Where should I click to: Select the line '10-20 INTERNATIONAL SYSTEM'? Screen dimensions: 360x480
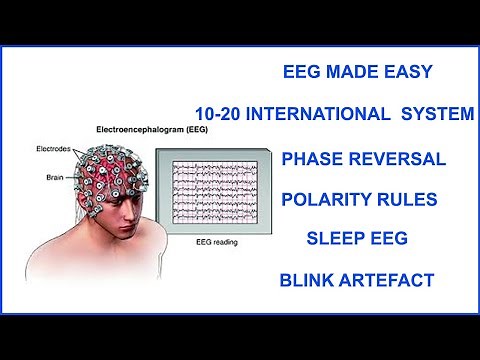(335, 114)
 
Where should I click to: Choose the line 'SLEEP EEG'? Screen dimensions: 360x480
(359, 240)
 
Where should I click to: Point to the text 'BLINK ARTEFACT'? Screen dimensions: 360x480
(359, 280)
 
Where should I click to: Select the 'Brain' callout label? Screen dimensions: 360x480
(58, 176)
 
